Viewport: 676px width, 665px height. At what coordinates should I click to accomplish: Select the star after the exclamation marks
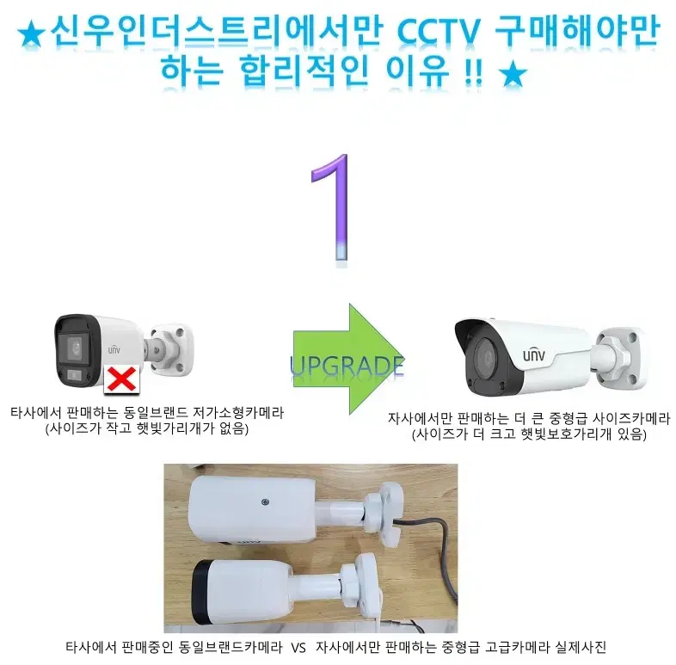click(x=513, y=75)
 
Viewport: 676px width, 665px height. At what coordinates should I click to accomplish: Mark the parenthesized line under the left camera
click(x=146, y=428)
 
